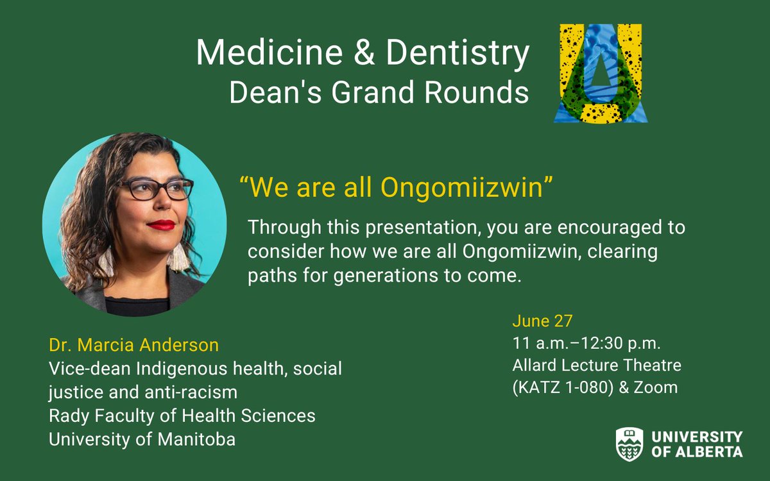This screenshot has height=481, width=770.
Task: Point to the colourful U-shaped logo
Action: pyautogui.click(x=601, y=74)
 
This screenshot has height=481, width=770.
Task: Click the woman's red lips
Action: pyautogui.click(x=161, y=224)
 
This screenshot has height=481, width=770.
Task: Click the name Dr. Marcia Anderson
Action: pyautogui.click(x=133, y=346)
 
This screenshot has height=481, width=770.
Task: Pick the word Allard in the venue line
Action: pyautogui.click(x=533, y=366)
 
